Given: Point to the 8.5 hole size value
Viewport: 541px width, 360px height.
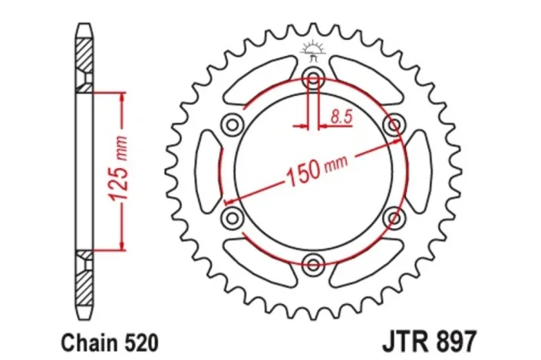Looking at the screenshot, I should pos(341,117).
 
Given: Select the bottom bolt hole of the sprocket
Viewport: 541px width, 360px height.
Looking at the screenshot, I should pos(313,265).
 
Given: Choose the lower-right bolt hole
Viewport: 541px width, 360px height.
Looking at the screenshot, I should pos(394,218).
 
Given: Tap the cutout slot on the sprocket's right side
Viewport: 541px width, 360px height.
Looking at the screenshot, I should pos(418,171).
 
